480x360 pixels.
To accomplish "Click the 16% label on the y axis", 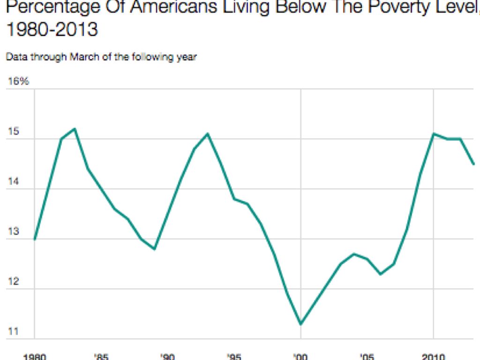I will click(19, 81).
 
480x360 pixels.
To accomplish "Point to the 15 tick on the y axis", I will click(13, 132).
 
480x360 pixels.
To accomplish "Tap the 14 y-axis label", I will click(13, 182).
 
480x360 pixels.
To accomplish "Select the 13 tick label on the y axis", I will click(13, 232).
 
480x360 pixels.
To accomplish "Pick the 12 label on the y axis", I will click(13, 282).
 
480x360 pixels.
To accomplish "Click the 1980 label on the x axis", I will click(35, 357).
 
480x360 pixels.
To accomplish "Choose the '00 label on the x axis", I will click(300, 357).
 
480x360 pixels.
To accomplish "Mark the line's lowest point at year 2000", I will click(300, 324).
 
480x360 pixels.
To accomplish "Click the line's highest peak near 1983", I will click(75, 128).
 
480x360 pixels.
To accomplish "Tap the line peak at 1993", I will click(208, 134).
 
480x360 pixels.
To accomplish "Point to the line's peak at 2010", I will click(434, 134).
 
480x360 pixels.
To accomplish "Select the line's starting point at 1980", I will click(35, 239).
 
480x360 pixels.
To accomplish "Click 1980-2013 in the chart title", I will click(52, 30).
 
